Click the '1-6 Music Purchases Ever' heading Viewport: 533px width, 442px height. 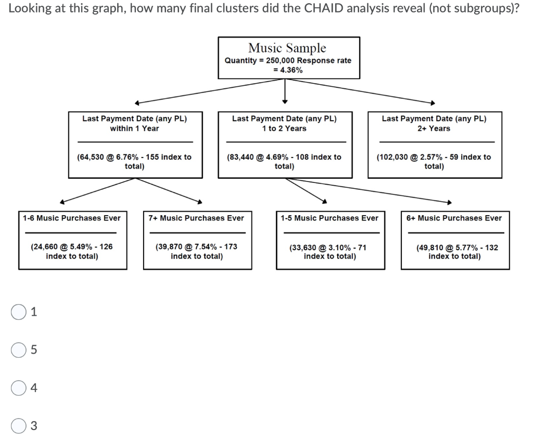[x=71, y=218]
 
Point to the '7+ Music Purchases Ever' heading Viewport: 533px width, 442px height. [x=196, y=218]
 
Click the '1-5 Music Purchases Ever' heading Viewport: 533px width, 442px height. [x=329, y=218]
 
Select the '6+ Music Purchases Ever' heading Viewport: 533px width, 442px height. [x=454, y=218]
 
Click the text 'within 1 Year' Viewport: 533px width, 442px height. [x=134, y=128]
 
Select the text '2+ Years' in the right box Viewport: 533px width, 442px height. [x=434, y=128]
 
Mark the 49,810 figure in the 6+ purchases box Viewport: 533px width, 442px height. [x=430, y=248]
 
